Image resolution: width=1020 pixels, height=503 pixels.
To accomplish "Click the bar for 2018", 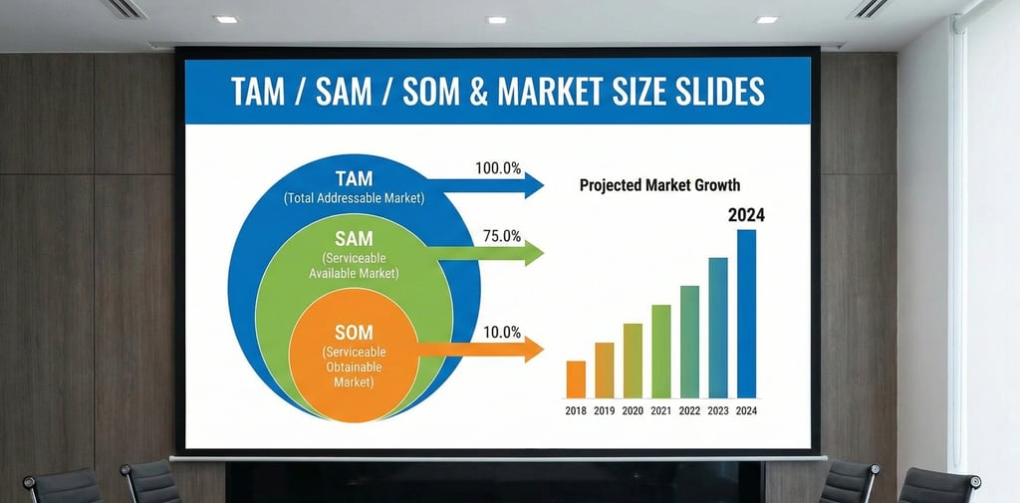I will pos(576,378).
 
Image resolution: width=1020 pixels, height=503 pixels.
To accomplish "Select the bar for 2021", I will pos(660,351).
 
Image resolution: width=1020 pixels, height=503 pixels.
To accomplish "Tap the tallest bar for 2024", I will pos(746,314).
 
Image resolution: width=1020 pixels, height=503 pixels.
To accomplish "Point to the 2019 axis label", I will pos(604,410).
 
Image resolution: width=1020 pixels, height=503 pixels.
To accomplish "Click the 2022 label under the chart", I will pos(689,410).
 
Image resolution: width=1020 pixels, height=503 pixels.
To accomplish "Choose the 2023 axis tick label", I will pos(718,410).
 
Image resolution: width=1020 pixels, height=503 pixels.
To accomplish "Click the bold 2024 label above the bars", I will pos(746,214).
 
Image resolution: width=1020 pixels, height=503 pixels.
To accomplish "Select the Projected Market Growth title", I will pos(659,185).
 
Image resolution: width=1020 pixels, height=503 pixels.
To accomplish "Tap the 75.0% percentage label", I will pos(501,236).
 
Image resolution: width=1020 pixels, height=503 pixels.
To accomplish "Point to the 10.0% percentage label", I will pos(501,332).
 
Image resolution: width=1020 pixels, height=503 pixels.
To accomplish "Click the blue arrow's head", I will pos(535,185).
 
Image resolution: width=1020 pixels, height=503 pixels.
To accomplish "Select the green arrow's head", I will pos(535,253).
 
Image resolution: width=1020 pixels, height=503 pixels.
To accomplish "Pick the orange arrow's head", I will pos(535,349).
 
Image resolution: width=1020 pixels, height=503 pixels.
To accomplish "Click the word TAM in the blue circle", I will pos(354,179).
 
